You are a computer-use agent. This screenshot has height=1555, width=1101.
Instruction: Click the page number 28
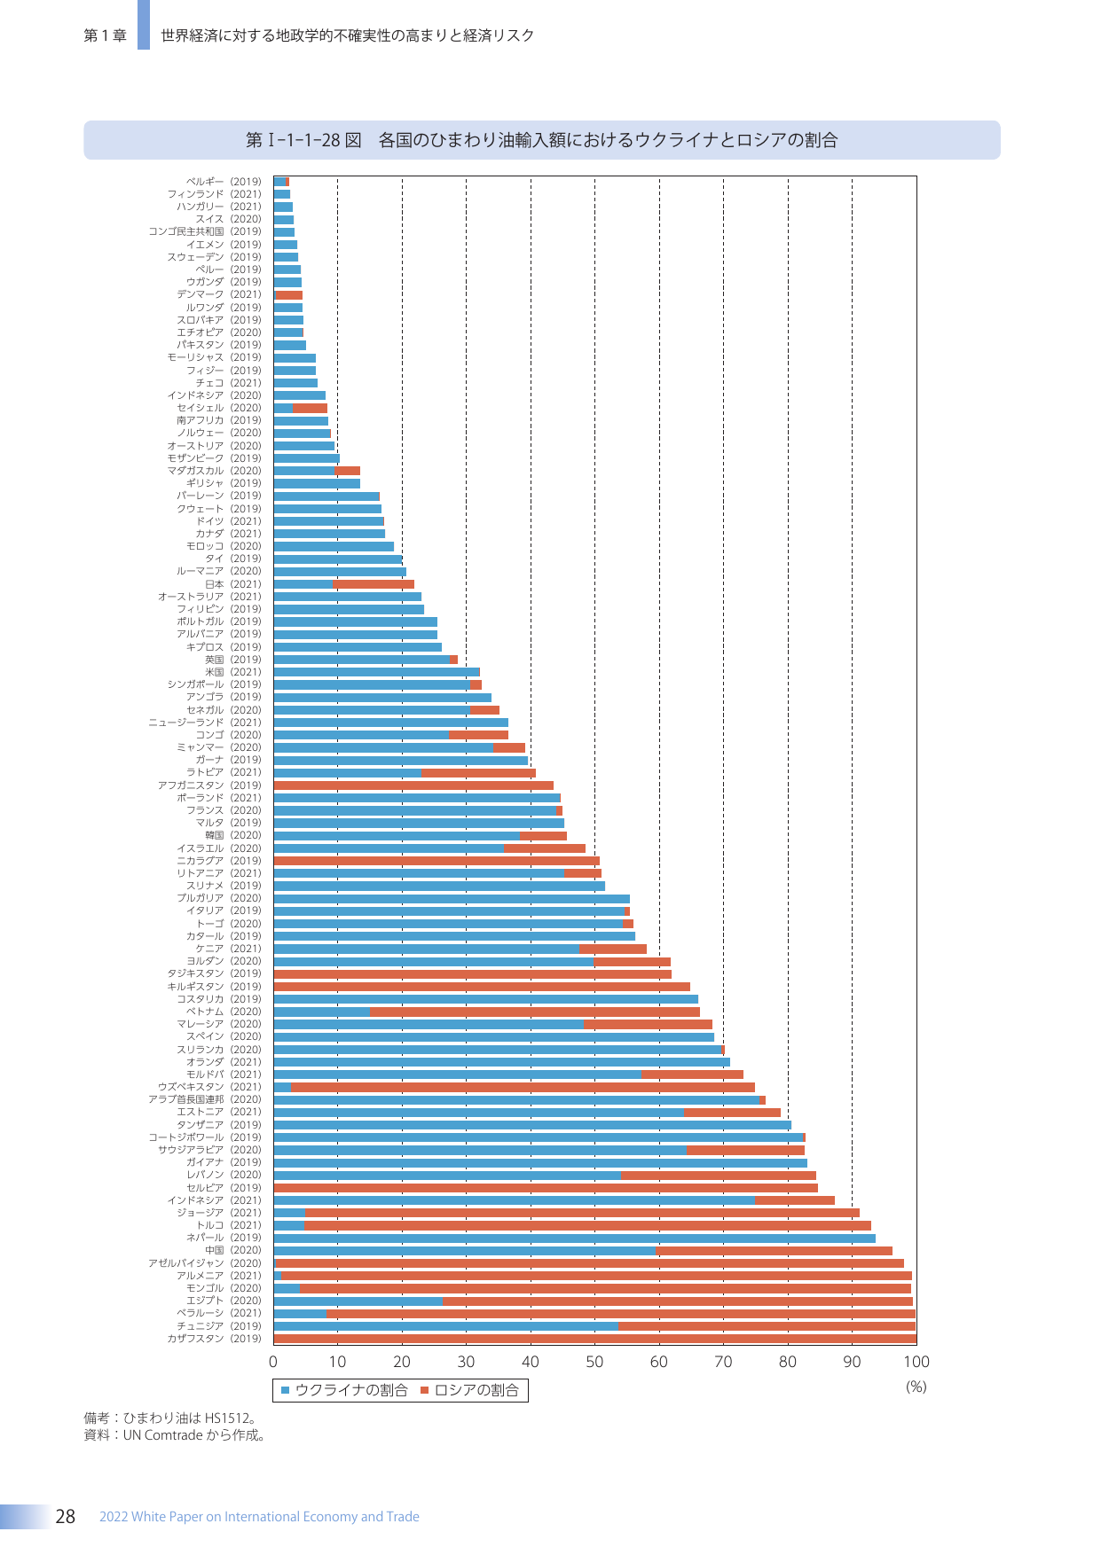pyautogui.click(x=66, y=1517)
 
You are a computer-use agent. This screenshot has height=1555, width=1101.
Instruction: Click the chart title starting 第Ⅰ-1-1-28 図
pyautogui.click(x=542, y=140)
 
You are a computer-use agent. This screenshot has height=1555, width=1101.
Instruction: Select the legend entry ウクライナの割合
pyautogui.click(x=344, y=1390)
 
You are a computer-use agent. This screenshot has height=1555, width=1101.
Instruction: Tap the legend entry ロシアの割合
pyautogui.click(x=469, y=1390)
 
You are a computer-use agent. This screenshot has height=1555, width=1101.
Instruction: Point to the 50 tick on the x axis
pyautogui.click(x=594, y=1362)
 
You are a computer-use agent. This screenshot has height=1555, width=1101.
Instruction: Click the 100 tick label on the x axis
pyautogui.click(x=916, y=1362)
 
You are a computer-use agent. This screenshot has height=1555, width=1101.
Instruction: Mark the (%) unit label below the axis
pyautogui.click(x=916, y=1387)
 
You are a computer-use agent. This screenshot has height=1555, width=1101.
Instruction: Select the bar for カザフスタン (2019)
pyautogui.click(x=594, y=1339)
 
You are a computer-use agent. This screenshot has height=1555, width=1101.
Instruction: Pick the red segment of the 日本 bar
pyautogui.click(x=374, y=584)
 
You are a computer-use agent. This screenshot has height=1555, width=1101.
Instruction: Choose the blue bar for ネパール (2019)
pyautogui.click(x=575, y=1239)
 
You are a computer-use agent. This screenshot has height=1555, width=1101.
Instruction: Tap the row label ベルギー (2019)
pyautogui.click(x=224, y=182)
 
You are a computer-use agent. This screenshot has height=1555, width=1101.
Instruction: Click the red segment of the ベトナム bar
pyautogui.click(x=535, y=1012)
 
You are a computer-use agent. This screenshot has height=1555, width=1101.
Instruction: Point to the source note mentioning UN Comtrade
pyautogui.click(x=176, y=1435)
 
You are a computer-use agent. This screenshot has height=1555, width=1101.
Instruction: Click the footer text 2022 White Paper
pyautogui.click(x=259, y=1517)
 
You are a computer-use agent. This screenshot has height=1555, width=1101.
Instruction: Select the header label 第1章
pyautogui.click(x=105, y=35)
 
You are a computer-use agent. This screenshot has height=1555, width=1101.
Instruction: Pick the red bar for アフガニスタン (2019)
pyautogui.click(x=413, y=785)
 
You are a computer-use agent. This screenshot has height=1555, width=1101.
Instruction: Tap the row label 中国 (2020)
pyautogui.click(x=233, y=1251)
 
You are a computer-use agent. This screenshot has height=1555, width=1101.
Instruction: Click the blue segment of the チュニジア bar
pyautogui.click(x=446, y=1326)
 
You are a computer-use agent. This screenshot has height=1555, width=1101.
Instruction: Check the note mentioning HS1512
pyautogui.click(x=170, y=1418)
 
